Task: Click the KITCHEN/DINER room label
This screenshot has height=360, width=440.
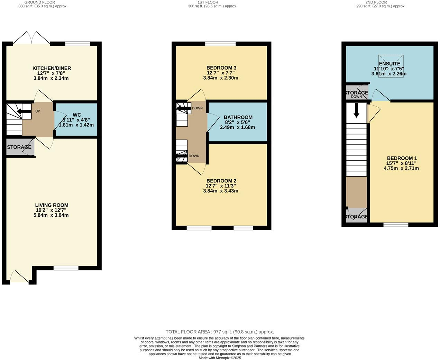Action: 52,68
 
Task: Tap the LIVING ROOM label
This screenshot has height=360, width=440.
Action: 52,205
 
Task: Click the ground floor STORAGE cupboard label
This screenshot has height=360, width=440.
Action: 19,147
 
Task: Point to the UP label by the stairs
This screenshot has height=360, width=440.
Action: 37,111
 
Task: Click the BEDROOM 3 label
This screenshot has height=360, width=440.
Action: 221,68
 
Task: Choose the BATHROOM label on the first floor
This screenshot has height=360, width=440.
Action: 238,117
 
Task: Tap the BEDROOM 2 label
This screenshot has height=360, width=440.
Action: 221,181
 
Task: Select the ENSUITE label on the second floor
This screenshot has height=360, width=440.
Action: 389,64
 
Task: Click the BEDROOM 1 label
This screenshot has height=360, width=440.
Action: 402,158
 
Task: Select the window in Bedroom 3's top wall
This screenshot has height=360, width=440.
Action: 220,44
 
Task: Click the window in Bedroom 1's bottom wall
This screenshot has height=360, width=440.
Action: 396,225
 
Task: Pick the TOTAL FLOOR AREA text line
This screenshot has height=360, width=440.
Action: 220,332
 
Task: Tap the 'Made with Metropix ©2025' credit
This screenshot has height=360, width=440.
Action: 220,358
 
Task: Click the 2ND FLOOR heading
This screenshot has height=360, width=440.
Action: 381,2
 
